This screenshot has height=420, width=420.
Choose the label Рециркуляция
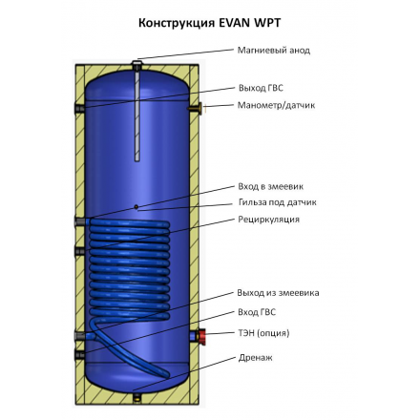[268, 220]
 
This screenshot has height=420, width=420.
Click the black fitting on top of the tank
[138, 63]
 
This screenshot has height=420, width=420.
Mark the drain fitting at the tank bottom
[138, 392]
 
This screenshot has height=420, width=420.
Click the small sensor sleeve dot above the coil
[138, 205]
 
